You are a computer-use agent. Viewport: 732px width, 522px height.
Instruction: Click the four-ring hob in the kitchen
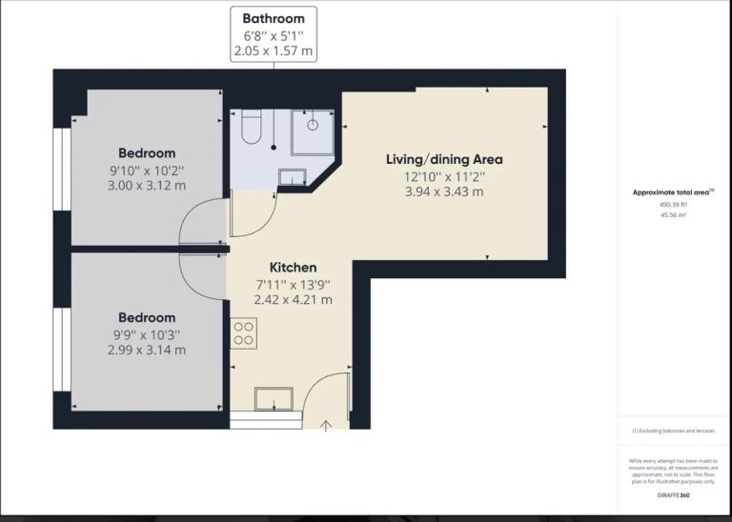pyautogui.click(x=243, y=332)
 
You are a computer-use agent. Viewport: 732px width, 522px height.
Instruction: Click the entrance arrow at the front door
pyautogui.click(x=326, y=425)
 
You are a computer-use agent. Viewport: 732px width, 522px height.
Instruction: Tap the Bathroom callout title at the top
pyautogui.click(x=274, y=18)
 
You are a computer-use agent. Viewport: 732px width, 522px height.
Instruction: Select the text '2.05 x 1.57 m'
pyautogui.click(x=274, y=50)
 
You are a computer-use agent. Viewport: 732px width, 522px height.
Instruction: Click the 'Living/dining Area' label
pyautogui.click(x=444, y=159)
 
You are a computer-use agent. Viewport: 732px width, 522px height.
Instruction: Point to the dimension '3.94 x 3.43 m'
pyautogui.click(x=444, y=191)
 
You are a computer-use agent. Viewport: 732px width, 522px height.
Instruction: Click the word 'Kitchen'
pyautogui.click(x=293, y=268)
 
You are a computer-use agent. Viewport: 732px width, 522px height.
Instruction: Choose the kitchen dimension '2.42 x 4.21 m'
pyautogui.click(x=293, y=299)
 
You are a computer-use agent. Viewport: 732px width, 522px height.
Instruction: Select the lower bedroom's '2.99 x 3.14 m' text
pyautogui.click(x=147, y=350)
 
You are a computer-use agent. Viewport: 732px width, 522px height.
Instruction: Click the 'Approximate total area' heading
pyautogui.click(x=673, y=192)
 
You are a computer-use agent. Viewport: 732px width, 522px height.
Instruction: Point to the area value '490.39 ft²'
pyautogui.click(x=673, y=204)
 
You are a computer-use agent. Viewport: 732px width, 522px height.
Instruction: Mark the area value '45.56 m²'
pyautogui.click(x=673, y=215)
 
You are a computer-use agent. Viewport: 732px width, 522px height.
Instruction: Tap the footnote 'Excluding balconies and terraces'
pyautogui.click(x=673, y=432)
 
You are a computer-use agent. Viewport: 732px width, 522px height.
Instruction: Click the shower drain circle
pyautogui.click(x=313, y=124)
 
